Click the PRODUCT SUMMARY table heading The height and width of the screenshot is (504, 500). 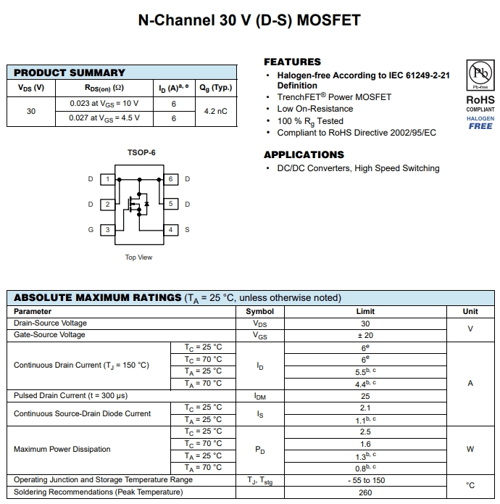70,73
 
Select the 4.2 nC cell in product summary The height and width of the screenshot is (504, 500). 215,111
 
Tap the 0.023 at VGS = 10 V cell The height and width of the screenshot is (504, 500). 104,104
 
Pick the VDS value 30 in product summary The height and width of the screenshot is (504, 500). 31,111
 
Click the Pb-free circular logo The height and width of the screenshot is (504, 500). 480,73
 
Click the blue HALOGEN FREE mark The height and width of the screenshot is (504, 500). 480,123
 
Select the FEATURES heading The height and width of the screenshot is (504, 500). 292,62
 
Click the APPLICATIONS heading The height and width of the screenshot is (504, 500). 304,154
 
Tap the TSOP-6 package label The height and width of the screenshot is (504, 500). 141,152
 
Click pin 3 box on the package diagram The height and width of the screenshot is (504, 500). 108,230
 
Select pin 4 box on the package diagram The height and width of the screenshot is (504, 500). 171,230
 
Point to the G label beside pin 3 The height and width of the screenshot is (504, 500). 91,230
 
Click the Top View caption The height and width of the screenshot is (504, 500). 139,257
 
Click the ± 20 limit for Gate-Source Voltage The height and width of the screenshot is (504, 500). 365,335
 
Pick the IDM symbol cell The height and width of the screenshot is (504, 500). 260,396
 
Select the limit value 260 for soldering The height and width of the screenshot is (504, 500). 365,492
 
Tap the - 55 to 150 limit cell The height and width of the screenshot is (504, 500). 365,480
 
